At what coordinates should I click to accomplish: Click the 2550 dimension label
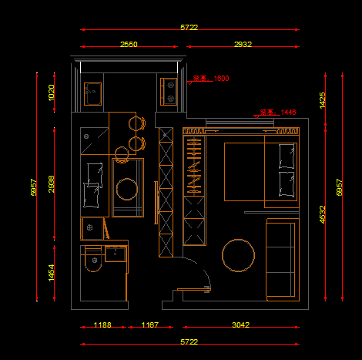129,45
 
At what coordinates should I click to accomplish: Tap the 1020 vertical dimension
52,92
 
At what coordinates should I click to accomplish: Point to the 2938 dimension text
52,183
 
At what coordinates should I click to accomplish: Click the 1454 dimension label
52,272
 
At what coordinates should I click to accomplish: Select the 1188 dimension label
102,325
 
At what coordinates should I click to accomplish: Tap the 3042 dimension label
240,325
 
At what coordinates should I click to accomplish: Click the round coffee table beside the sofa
238,256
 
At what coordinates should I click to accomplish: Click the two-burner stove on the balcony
169,92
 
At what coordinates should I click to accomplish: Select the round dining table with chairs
126,187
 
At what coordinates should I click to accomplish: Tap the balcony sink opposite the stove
92,91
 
